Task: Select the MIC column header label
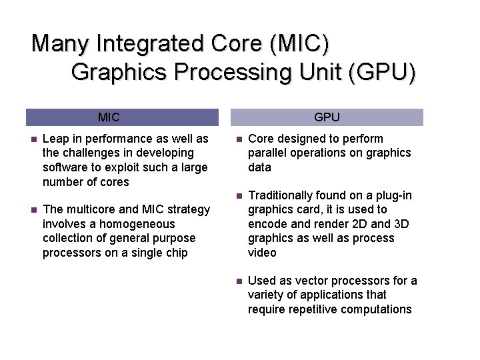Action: point(109,117)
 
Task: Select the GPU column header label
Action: point(327,117)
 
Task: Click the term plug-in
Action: point(394,195)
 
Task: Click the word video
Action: point(262,253)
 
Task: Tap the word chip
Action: point(177,253)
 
